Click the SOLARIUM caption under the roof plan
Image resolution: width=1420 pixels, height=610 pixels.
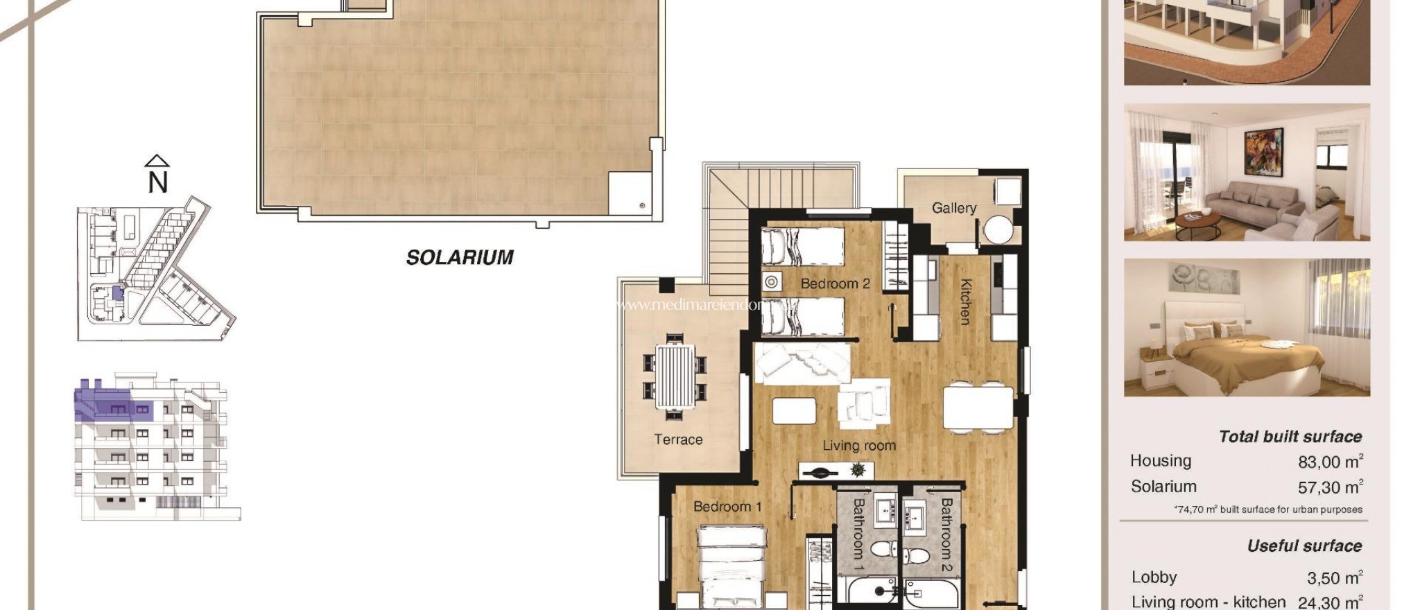(460, 257)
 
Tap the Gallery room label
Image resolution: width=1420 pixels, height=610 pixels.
(953, 208)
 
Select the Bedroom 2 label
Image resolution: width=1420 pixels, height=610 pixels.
(835, 284)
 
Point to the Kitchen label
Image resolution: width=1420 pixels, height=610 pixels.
(965, 302)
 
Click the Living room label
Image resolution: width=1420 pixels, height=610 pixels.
(859, 446)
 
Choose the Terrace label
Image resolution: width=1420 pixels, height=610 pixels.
(678, 439)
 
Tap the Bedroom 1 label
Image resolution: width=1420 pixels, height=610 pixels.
(727, 507)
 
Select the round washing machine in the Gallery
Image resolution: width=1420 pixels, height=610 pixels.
(998, 229)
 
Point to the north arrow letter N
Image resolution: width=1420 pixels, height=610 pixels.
(158, 182)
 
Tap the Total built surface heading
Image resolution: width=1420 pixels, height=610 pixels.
(1290, 437)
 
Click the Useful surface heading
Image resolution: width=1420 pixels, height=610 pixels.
(1304, 546)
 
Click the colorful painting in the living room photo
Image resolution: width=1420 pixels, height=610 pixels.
(1263, 152)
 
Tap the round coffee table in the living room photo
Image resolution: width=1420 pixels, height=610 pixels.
(1198, 223)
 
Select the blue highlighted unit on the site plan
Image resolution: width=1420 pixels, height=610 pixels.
(116, 293)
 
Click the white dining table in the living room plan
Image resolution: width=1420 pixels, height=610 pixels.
(978, 408)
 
